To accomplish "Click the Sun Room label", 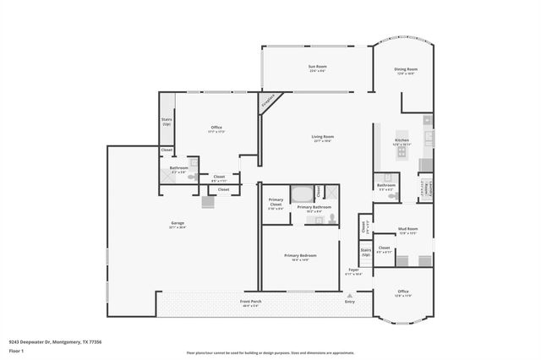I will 317,67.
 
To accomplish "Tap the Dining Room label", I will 407,70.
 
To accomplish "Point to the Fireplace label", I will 269,101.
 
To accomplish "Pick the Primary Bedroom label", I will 300,257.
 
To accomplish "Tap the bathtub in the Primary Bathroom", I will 302,194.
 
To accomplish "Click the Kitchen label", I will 402,142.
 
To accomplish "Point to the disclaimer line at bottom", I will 270,353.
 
